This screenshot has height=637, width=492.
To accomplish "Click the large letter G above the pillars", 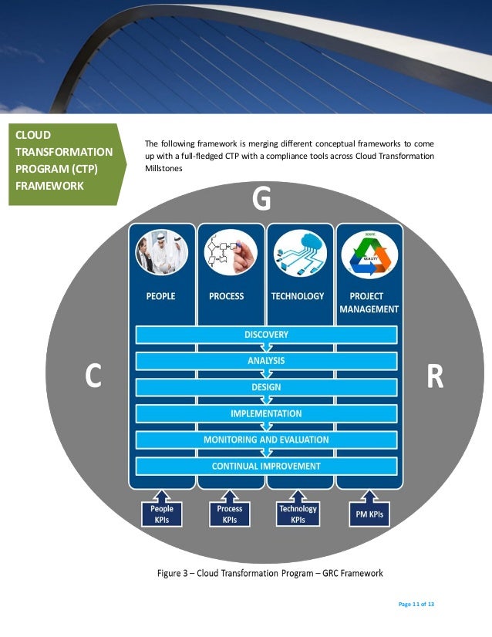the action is click(x=262, y=201).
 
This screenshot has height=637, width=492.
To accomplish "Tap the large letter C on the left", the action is click(x=93, y=377).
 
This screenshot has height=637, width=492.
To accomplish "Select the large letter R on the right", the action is click(x=435, y=377).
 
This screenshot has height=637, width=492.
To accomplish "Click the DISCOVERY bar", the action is click(x=266, y=335).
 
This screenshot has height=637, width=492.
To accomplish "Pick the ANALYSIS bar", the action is click(x=266, y=361).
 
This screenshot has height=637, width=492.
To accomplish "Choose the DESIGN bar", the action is click(x=266, y=387).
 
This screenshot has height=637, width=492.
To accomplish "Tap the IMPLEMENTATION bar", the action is click(x=266, y=414).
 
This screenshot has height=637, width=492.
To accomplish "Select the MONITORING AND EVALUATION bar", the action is click(x=266, y=440).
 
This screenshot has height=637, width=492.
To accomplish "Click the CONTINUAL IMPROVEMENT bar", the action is click(x=266, y=466).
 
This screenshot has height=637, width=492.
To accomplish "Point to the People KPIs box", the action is click(x=162, y=514).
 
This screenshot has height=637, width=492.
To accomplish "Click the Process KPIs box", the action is click(x=230, y=514).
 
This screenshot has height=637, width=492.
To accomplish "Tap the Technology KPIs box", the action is click(x=298, y=514).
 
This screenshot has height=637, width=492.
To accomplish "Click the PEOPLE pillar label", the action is click(x=161, y=296).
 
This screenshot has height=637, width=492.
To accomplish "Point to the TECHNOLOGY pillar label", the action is click(x=298, y=296).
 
